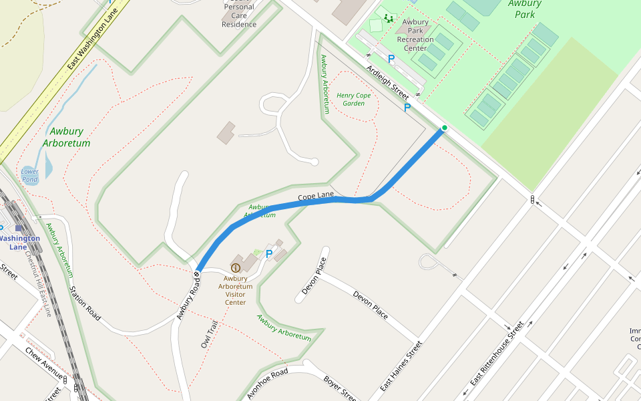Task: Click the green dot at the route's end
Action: [444, 128]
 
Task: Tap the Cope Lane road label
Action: [316, 196]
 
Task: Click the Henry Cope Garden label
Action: [353, 99]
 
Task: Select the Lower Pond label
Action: [29, 175]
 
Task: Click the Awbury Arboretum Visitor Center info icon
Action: [235, 268]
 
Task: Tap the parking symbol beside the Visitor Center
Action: [269, 254]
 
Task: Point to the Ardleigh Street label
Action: [388, 82]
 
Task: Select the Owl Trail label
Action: [210, 334]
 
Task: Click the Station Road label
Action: [85, 303]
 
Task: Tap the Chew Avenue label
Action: [43, 363]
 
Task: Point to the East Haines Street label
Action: [401, 367]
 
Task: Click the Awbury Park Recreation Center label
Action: [415, 35]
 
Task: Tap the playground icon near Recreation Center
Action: [389, 18]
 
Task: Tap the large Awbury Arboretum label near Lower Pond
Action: [66, 137]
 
